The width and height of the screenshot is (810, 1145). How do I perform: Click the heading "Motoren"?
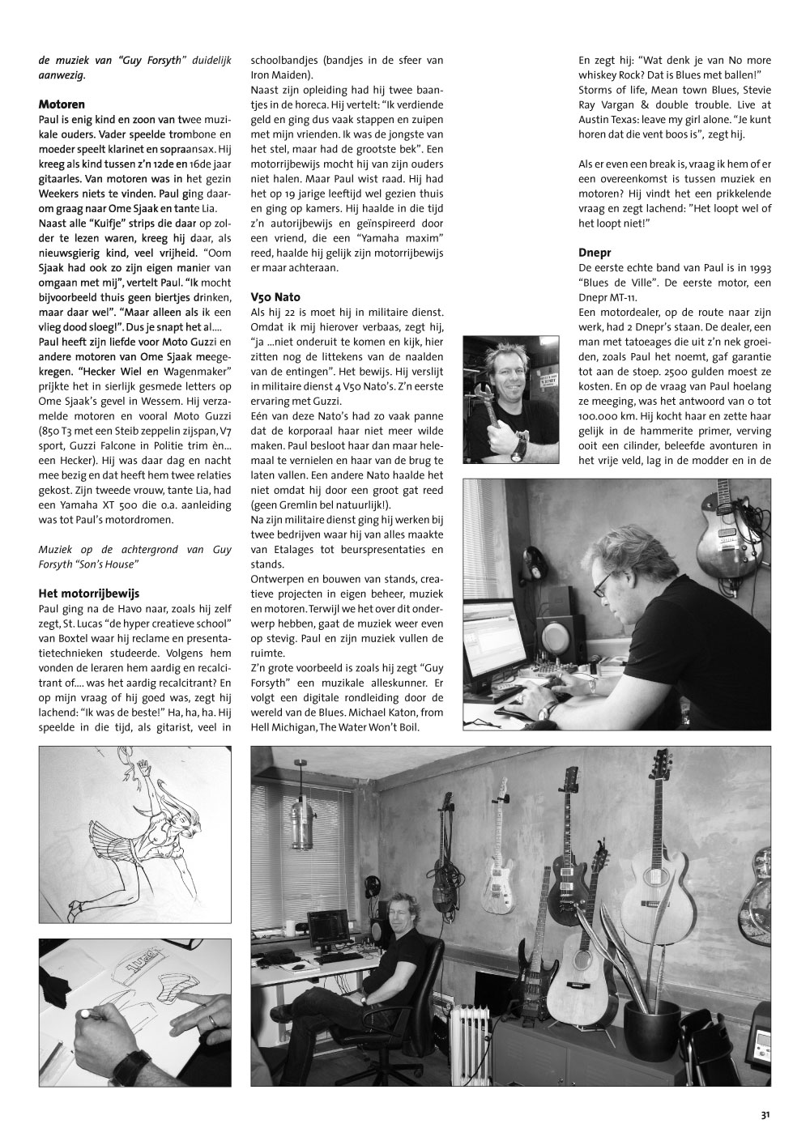point(62,104)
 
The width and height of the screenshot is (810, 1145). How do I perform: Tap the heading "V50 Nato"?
point(276,297)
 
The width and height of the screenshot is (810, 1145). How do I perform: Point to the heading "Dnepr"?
point(595,252)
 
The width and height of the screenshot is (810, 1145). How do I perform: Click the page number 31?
point(765,1115)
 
